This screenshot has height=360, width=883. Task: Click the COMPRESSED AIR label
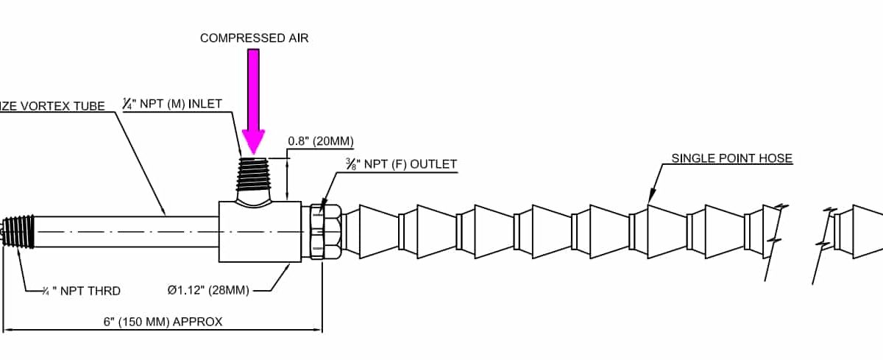point(255,38)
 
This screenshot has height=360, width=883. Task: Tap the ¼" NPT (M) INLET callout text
point(171,105)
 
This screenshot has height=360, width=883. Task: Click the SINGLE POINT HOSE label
point(731,158)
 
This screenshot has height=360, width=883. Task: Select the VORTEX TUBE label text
point(55,105)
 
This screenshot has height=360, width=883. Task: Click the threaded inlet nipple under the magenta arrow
point(255,177)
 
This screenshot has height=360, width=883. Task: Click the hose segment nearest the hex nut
point(375,231)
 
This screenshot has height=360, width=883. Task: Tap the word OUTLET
point(434,164)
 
